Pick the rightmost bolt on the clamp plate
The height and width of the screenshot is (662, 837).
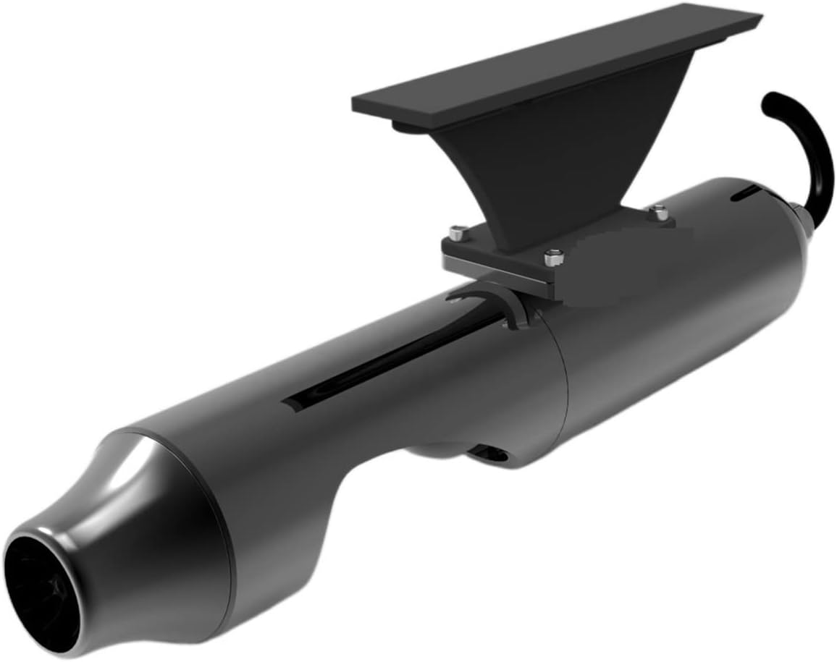(x=657, y=211)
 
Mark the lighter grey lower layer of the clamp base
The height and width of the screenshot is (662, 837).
(x=500, y=274)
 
